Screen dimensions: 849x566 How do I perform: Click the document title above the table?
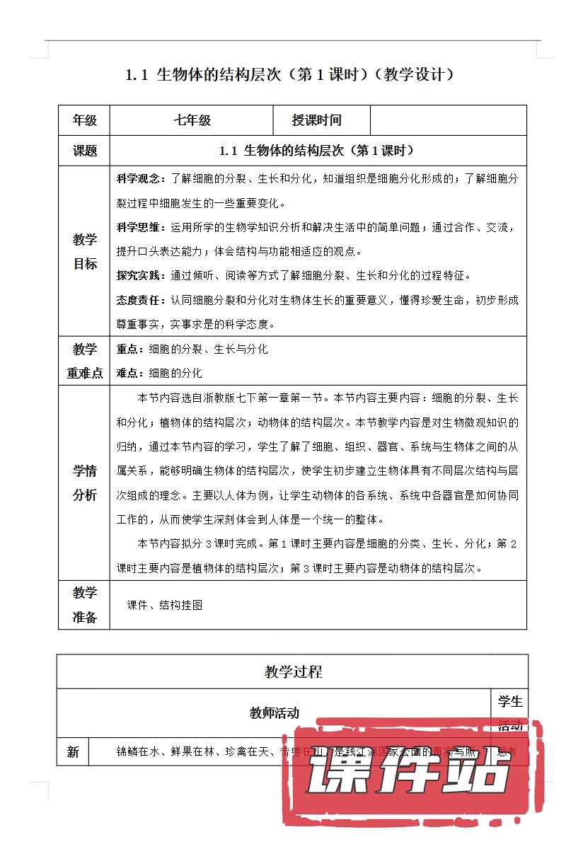[289, 74]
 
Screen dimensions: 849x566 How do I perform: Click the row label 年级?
[85, 120]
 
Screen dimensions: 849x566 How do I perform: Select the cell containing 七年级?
[192, 120]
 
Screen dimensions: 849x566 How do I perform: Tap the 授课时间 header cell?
[316, 120]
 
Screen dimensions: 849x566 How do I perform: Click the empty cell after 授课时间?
[448, 120]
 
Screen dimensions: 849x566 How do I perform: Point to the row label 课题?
[85, 151]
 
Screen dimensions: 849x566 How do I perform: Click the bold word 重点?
[128, 350]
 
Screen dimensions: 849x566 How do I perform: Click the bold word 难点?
[128, 373]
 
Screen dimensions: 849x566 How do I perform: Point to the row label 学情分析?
[85, 483]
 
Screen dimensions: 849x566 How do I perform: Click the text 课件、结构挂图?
[165, 606]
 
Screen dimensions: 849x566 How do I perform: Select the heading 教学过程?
[293, 671]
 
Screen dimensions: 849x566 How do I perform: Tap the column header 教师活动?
[275, 713]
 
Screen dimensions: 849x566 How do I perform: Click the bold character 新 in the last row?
[73, 753]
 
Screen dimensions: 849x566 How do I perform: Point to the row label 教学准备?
[85, 605]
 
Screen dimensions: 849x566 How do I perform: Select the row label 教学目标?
[85, 252]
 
